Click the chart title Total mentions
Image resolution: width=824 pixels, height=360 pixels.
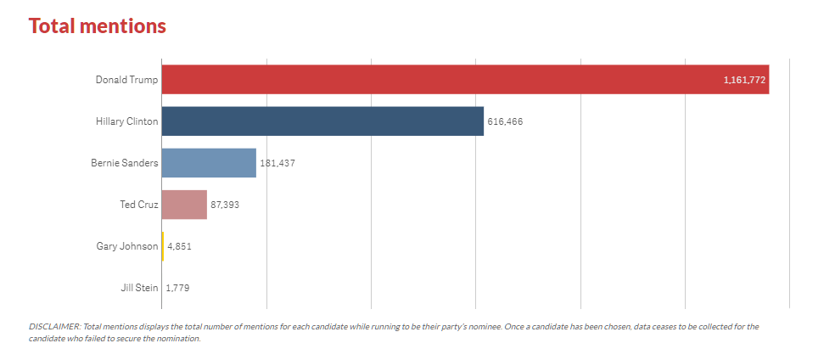click(98, 25)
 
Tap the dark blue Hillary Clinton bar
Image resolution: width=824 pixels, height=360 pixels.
click(322, 121)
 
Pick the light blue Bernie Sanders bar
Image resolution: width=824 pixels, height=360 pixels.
click(209, 163)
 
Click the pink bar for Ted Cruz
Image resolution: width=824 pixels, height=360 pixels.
click(184, 205)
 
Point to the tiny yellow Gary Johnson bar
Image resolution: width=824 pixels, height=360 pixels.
click(163, 246)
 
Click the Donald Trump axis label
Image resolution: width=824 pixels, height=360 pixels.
click(126, 80)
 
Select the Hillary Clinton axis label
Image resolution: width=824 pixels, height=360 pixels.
click(126, 121)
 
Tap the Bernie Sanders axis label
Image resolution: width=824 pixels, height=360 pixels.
click(124, 163)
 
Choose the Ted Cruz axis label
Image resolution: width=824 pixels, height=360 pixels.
click(139, 205)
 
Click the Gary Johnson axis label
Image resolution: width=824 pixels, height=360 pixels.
click(127, 246)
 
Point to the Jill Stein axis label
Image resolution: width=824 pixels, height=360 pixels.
click(139, 288)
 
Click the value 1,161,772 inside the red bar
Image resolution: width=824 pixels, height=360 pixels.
click(744, 80)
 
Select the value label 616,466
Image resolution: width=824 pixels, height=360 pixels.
click(505, 121)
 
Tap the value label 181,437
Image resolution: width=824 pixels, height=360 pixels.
click(277, 163)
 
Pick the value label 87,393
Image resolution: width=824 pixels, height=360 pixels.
click(225, 205)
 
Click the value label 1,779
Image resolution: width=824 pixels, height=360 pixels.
click(177, 288)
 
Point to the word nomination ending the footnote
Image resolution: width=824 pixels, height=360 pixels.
click(179, 339)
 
